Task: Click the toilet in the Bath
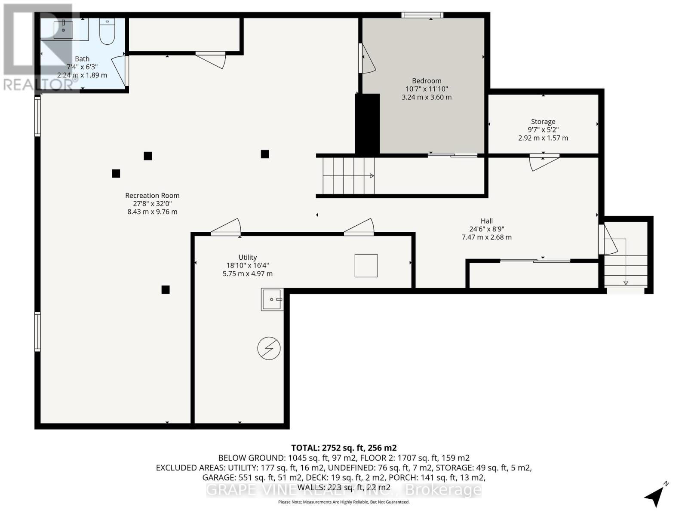[x=107, y=31]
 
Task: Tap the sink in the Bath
[x=63, y=30]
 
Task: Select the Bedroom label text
[x=426, y=81]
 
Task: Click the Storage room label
[x=543, y=122]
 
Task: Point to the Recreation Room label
[x=152, y=196]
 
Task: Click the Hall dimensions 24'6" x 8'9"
[x=486, y=229]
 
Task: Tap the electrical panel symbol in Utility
[x=269, y=348]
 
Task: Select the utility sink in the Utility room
[x=272, y=299]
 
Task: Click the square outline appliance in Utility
[x=366, y=265]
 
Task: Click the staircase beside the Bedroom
[x=347, y=176]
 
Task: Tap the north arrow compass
[x=656, y=495]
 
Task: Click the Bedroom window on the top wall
[x=422, y=15]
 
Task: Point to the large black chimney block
[x=367, y=124]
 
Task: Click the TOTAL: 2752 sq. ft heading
[x=344, y=448]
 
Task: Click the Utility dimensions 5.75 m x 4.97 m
[x=247, y=273]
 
